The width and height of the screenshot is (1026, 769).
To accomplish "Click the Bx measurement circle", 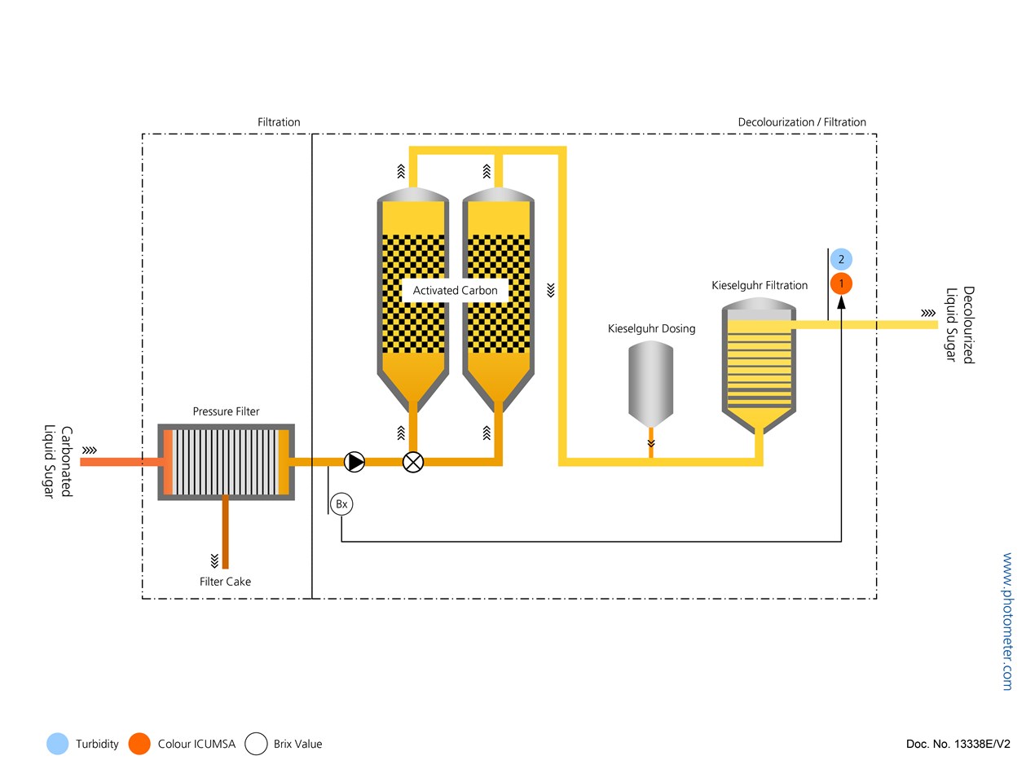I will coord(341,504).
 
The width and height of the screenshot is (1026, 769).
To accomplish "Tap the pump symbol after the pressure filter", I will coord(354,462).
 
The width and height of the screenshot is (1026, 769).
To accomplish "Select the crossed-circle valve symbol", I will coord(413,462).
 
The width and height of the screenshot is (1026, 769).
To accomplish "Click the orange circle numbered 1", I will coord(841,283).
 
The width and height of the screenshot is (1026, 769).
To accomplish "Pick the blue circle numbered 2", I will coord(841,260).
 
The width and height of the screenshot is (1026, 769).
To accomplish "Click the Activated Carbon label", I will coord(455,291).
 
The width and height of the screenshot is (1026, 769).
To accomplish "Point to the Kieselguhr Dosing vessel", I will coord(651,383).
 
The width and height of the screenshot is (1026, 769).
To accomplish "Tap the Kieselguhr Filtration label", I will coord(760,286).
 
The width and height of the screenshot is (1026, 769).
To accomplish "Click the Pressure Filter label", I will coord(226,411).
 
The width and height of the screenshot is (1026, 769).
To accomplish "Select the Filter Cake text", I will coord(225,582).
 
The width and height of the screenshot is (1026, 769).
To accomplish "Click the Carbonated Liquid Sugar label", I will coord(59,462).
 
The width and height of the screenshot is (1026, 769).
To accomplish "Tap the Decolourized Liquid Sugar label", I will coord(960,324).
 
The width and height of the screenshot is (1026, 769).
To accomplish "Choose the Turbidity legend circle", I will coord(57,744).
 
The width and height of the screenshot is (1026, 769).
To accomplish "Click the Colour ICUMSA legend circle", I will coord(139,744).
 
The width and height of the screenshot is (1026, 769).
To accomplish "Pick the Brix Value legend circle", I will coord(257,744).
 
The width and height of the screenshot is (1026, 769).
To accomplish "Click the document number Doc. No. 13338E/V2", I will coord(958,744).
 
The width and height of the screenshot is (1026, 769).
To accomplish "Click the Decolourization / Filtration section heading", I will coord(802,122).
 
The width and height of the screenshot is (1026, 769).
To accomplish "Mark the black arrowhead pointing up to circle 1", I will coord(841,303).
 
